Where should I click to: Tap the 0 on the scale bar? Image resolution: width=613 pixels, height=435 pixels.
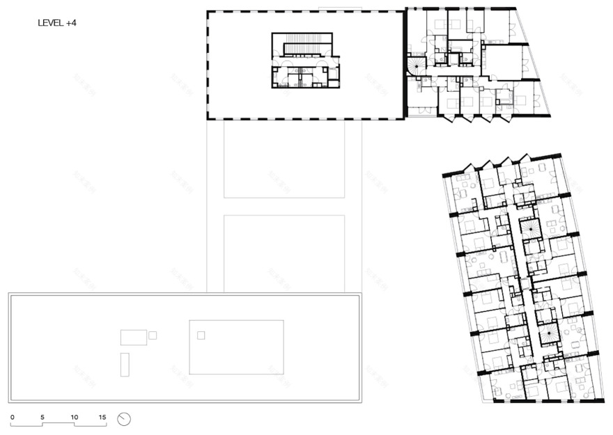(13, 417)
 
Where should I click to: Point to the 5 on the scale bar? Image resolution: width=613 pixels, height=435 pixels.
(42, 417)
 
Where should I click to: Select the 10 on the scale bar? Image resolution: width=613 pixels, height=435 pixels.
(74, 417)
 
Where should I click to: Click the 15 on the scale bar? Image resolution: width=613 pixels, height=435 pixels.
(102, 417)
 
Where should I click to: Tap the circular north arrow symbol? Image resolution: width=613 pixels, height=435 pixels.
(125, 419)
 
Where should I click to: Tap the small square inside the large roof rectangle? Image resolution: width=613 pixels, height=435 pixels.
(201, 335)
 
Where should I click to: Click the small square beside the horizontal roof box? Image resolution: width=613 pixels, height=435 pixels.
(153, 335)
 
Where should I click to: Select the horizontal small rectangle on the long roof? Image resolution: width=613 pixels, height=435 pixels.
(133, 338)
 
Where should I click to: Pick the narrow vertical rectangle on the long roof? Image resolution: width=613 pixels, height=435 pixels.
(125, 364)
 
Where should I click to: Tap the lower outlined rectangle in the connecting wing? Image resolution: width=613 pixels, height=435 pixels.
(285, 253)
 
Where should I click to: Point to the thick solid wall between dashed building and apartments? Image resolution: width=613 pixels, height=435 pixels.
(404, 64)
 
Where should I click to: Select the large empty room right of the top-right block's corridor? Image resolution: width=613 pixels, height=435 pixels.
(502, 63)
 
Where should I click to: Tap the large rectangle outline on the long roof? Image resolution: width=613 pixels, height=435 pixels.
(236, 347)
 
